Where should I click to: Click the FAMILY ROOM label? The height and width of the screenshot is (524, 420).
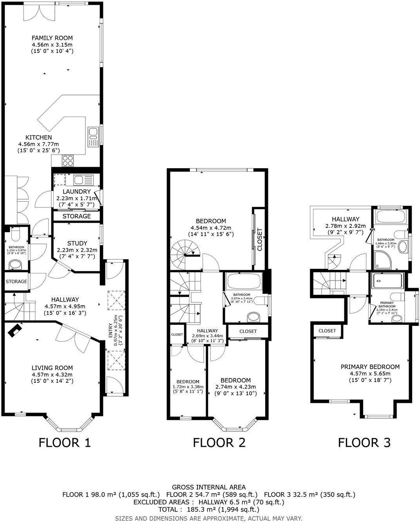[52, 38]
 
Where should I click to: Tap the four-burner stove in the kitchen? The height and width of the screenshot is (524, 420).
[68, 160]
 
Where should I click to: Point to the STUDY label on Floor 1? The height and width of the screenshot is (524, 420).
[77, 243]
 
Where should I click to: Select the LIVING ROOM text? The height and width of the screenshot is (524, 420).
[52, 368]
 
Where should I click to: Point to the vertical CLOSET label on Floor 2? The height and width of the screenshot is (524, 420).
[259, 239]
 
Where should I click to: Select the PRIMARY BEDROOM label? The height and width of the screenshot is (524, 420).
[370, 367]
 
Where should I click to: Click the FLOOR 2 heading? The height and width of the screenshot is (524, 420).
[219, 442]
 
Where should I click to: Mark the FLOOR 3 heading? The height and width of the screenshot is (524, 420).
[364, 442]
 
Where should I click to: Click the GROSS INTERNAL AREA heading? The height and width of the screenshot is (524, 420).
[209, 488]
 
